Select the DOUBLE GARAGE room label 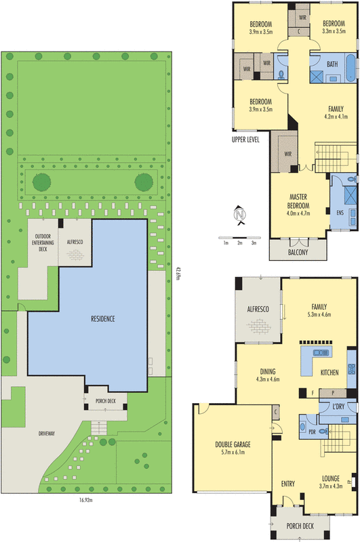(233, 444)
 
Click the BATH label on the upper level (332, 64)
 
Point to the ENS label (340, 213)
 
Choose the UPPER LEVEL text (245, 140)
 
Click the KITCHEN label (329, 373)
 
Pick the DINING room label (267, 371)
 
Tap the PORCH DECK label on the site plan (106, 400)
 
